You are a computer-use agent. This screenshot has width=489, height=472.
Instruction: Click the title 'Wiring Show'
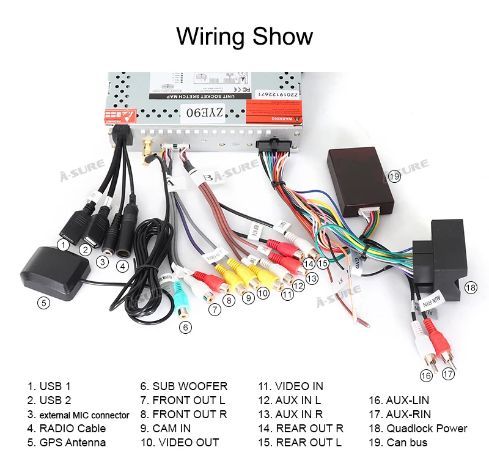click(x=244, y=36)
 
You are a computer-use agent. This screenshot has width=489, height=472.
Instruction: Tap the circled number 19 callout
click(x=394, y=176)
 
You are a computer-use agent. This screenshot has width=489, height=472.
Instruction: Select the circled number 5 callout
click(x=43, y=302)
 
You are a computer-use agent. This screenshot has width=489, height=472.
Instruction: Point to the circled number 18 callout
click(x=470, y=287)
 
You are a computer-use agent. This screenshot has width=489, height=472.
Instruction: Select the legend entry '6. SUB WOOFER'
click(x=183, y=386)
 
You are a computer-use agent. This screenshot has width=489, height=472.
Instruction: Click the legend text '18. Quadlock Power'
click(x=417, y=429)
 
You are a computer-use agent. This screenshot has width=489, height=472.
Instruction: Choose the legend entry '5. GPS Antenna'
click(x=66, y=443)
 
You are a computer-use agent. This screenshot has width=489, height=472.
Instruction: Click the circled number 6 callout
click(x=185, y=327)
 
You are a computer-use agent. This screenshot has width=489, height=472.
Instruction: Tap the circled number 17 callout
click(x=449, y=374)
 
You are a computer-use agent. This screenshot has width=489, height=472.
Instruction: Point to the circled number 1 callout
click(x=62, y=244)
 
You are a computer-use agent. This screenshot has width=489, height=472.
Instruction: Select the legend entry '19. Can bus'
click(x=397, y=443)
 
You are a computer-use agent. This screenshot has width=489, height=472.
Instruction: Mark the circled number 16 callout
click(x=426, y=375)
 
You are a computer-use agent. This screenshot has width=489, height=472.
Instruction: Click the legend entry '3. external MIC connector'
click(x=78, y=415)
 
